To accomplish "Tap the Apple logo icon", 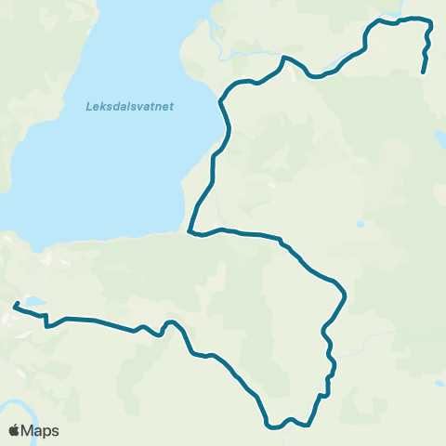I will pos(14,430).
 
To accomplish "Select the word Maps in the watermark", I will pos(40,430).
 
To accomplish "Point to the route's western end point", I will pos(15,305).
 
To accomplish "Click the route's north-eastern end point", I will pos(424,72).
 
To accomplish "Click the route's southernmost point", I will pos(272,428).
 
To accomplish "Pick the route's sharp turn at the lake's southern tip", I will pos(190,231).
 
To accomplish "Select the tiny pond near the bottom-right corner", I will pos(438,383).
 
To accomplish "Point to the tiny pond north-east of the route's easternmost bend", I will pos(360,224).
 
